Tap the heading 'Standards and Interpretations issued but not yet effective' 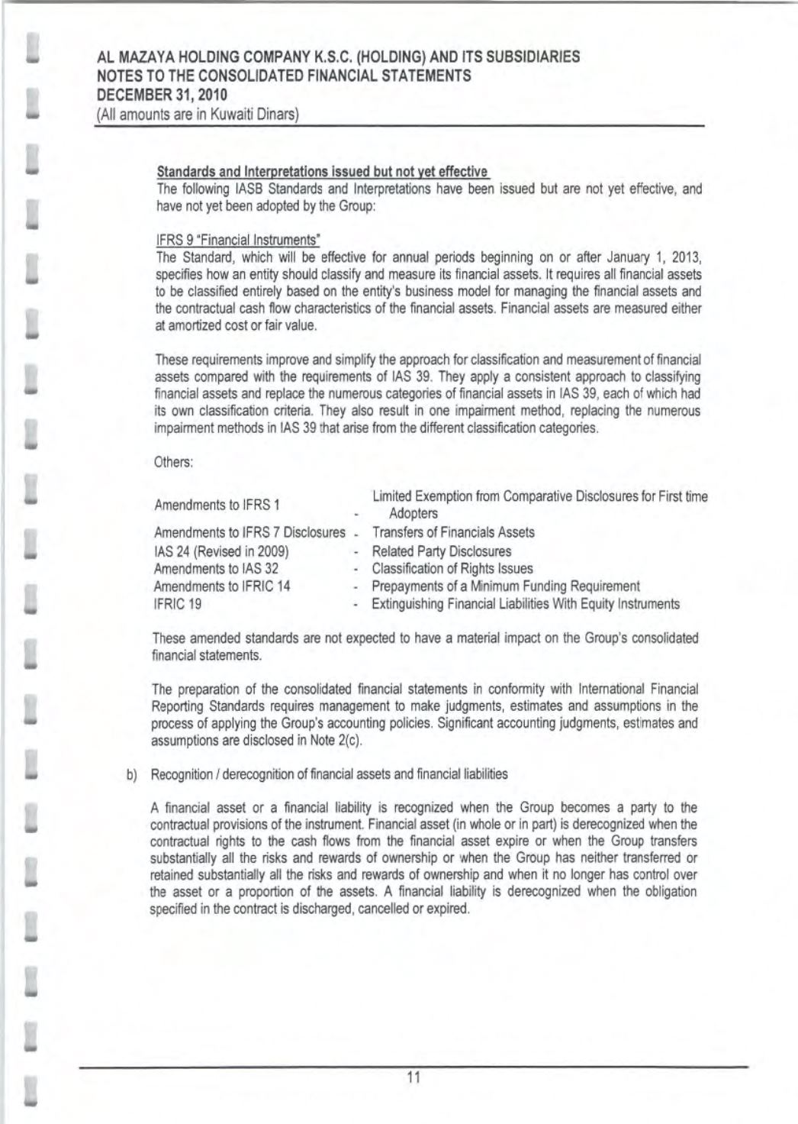(x=322, y=170)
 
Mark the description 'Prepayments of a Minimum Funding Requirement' (x=505, y=586)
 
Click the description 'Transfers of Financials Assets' (x=452, y=532)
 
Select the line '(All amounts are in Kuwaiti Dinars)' (x=197, y=115)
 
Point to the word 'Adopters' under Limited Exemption (x=413, y=514)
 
